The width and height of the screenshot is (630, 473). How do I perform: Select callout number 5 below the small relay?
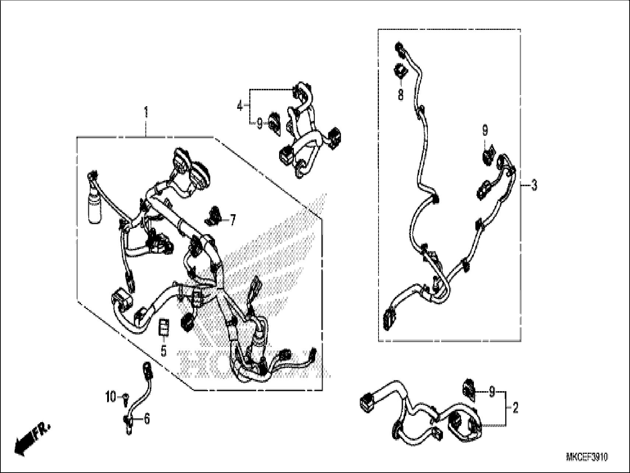(x=163, y=351)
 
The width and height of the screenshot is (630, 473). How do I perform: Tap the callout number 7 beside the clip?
(x=232, y=220)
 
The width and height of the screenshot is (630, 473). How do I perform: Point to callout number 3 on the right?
(x=534, y=185)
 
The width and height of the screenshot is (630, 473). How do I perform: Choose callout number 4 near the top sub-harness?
(x=240, y=107)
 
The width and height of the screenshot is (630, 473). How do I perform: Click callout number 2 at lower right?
(x=515, y=408)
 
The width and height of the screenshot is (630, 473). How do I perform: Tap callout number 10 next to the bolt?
(x=110, y=397)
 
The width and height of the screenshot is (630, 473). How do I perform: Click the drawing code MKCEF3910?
(x=587, y=458)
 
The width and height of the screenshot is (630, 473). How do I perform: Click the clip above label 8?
(x=401, y=70)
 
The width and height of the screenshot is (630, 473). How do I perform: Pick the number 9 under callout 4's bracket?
(x=260, y=124)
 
